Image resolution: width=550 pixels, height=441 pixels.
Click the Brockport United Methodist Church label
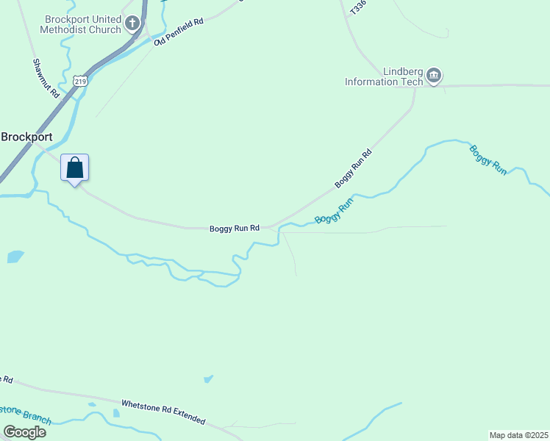click(82, 24)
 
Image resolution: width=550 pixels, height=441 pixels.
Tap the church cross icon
click(132, 24)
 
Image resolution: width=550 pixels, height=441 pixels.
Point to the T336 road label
click(358, 8)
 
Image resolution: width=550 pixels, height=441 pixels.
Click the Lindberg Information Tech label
click(384, 76)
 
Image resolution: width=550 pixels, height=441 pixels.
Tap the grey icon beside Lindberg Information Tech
click(434, 75)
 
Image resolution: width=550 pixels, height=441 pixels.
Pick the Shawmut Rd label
click(45, 79)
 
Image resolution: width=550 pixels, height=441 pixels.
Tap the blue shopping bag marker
click(74, 168)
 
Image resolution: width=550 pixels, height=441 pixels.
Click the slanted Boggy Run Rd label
click(354, 168)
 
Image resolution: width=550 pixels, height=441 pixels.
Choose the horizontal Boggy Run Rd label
click(235, 229)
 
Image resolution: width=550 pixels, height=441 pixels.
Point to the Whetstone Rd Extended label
click(163, 412)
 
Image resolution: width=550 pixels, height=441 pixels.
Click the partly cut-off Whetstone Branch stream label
click(26, 413)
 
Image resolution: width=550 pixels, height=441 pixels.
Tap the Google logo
click(25, 431)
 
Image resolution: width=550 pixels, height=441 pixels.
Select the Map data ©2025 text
click(518, 435)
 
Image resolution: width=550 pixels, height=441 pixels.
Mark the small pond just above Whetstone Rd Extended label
click(208, 379)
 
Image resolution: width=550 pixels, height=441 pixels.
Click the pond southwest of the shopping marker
click(15, 257)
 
